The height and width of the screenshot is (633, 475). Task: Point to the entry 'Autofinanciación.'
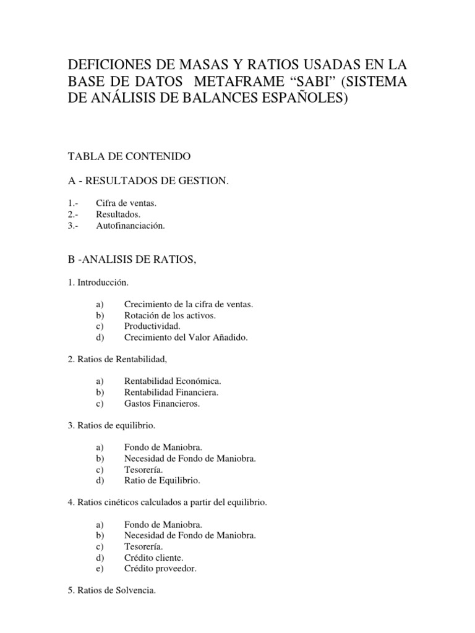click(x=131, y=226)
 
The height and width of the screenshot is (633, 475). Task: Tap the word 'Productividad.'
click(x=152, y=326)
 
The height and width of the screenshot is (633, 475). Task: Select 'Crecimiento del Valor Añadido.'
click(x=185, y=338)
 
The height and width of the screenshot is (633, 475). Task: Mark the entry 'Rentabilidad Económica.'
click(x=173, y=381)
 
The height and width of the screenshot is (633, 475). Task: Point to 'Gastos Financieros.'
click(x=162, y=403)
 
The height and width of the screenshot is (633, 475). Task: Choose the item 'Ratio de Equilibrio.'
click(x=162, y=480)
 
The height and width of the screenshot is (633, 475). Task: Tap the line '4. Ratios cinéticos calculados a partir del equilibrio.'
click(x=172, y=503)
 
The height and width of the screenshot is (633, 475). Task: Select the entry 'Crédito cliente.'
click(x=153, y=558)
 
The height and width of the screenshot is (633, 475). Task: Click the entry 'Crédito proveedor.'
click(x=160, y=569)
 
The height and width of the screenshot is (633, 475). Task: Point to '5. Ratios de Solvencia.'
click(x=116, y=591)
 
